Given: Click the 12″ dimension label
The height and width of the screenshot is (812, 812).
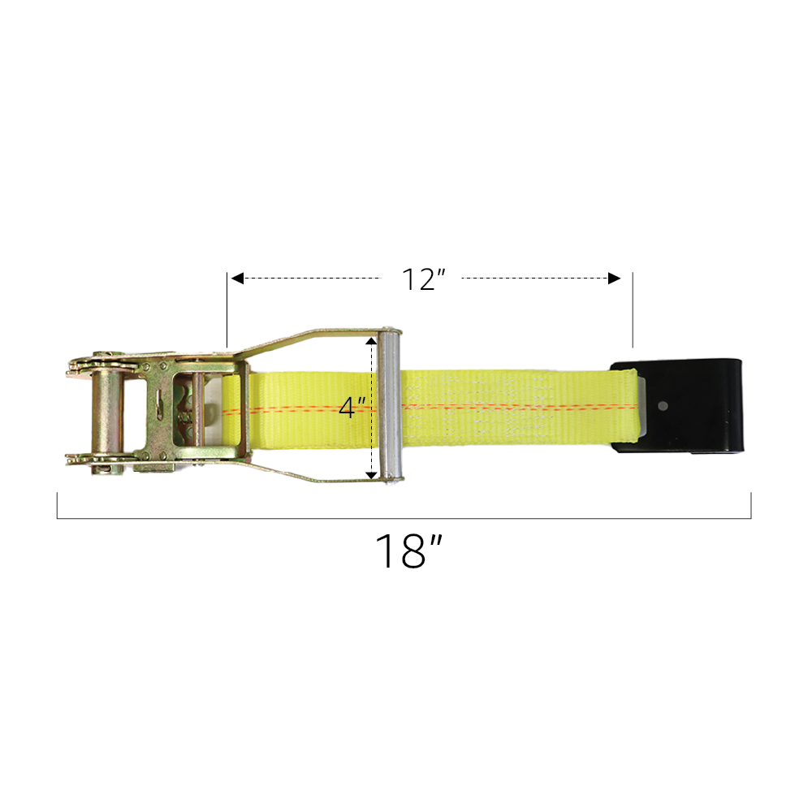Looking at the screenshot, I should pyautogui.click(x=424, y=279).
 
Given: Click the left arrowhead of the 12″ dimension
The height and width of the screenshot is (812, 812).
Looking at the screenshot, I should pyautogui.click(x=237, y=279).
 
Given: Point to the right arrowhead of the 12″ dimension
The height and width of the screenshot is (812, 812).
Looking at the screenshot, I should pyautogui.click(x=615, y=279).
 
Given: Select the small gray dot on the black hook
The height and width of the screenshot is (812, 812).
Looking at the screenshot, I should pyautogui.click(x=663, y=405).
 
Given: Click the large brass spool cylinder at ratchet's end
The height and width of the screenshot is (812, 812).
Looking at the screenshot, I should pyautogui.click(x=107, y=410).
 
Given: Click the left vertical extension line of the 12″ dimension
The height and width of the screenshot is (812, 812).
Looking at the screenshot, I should pyautogui.click(x=227, y=309).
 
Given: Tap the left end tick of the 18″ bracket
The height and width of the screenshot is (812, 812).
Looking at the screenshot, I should pyautogui.click(x=58, y=505).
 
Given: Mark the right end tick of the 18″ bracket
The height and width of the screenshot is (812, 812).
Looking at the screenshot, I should pyautogui.click(x=751, y=505).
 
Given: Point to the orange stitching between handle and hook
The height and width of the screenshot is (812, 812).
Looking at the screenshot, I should pyautogui.click(x=503, y=405).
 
